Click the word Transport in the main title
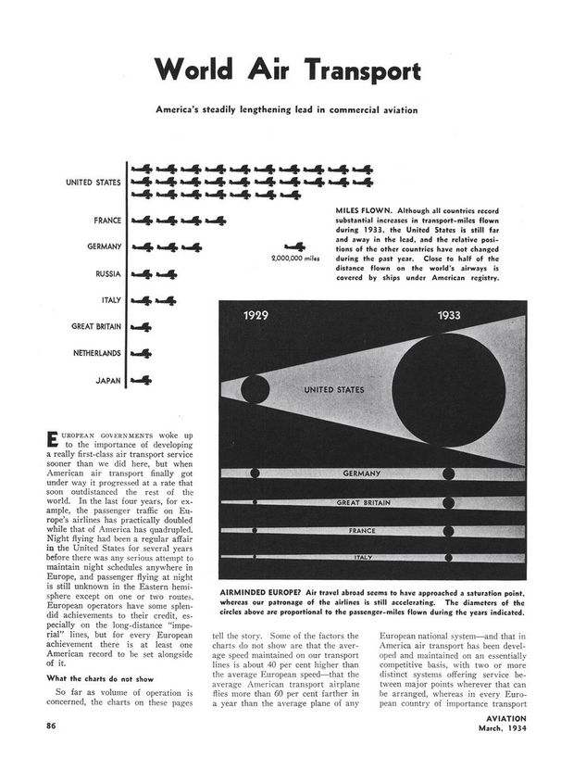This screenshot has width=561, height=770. pyautogui.click(x=356, y=71)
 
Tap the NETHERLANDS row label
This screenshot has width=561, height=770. pyautogui.click(x=96, y=353)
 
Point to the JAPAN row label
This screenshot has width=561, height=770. pyautogui.click(x=107, y=380)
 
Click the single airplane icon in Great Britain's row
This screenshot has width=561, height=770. pyautogui.click(x=143, y=327)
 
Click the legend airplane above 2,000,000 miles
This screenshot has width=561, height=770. pyautogui.click(x=294, y=246)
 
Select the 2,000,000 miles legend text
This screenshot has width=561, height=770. pyautogui.click(x=294, y=259)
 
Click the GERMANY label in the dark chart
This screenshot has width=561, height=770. pyautogui.click(x=362, y=473)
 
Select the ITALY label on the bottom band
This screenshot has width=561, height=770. pyautogui.click(x=362, y=557)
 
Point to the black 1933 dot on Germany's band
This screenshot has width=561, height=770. pyautogui.click(x=449, y=473)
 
